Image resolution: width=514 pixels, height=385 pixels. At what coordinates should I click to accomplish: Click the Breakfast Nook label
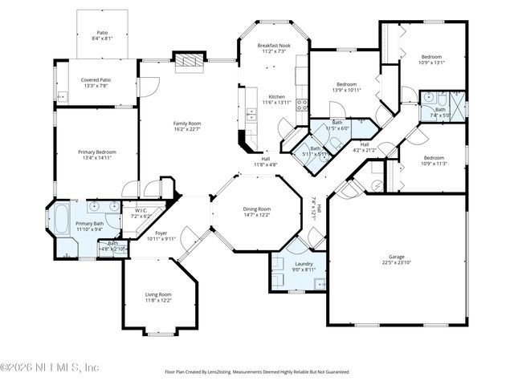click(272, 47)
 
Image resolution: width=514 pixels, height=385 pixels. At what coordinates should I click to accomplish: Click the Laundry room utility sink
click(320, 283)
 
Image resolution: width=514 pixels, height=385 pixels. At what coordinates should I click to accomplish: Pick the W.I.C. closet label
click(141, 213)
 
